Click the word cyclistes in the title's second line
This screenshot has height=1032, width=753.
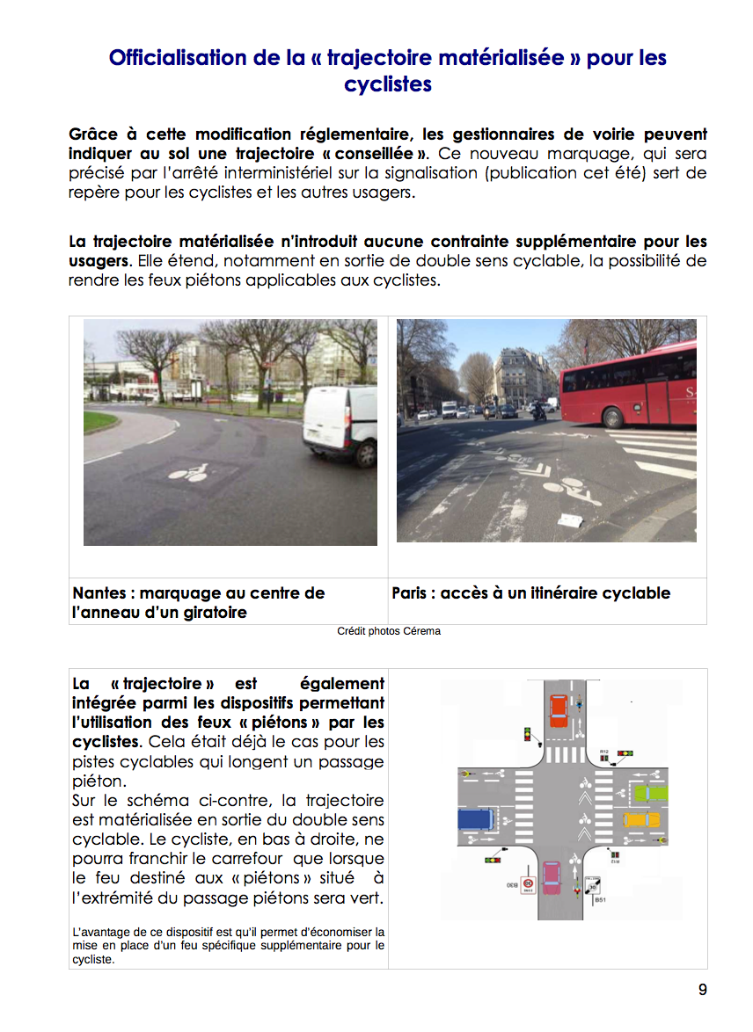(388, 84)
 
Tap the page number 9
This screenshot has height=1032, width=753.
(702, 990)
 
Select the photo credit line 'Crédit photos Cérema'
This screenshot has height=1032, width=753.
(388, 631)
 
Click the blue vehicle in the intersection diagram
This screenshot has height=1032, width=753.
(476, 819)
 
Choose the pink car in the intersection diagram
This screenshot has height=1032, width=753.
(551, 876)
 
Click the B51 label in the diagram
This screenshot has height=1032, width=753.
(600, 900)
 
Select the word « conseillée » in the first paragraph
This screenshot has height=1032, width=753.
(385, 154)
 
